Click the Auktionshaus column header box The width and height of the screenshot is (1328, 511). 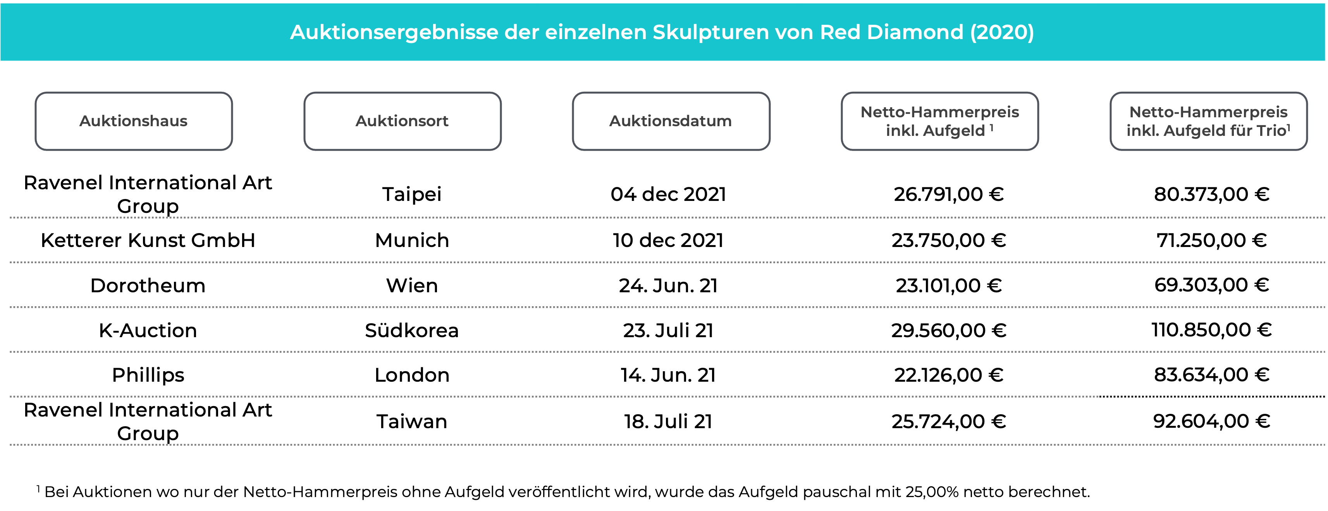(x=134, y=121)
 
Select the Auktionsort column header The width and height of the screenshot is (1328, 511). (x=402, y=121)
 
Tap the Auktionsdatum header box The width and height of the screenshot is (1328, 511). (x=671, y=121)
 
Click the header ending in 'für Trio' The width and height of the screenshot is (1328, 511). (x=1208, y=121)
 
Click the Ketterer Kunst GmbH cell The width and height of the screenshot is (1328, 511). (x=148, y=240)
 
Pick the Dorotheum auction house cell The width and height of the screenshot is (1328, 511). (x=148, y=285)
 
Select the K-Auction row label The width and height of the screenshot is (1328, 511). (x=148, y=330)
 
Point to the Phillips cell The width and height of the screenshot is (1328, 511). (x=148, y=375)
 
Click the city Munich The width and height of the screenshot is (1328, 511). (x=412, y=240)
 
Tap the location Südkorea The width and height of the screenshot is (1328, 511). (x=412, y=330)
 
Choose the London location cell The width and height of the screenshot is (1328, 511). (x=412, y=375)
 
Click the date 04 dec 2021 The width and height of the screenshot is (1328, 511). (x=669, y=194)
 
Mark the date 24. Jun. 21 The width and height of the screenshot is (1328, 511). (x=669, y=285)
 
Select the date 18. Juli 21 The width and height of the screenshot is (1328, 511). (x=669, y=421)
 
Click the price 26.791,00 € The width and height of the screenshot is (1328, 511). (x=949, y=194)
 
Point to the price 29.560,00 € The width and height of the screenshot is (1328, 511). (x=949, y=330)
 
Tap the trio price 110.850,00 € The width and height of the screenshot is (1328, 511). (x=1211, y=330)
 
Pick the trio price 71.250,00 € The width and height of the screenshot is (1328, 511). (x=1211, y=240)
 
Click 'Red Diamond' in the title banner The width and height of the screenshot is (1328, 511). (x=891, y=32)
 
